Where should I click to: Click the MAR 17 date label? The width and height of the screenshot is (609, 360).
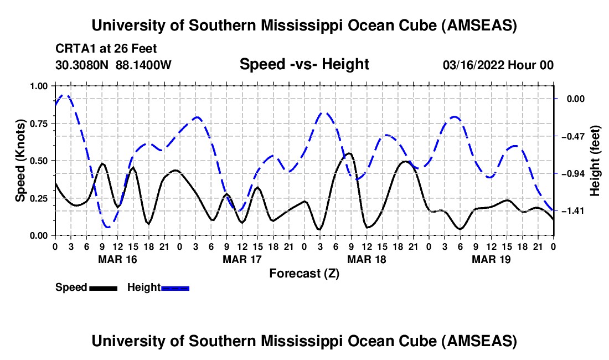[x=241, y=259]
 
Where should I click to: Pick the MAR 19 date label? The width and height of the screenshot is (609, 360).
[x=491, y=259]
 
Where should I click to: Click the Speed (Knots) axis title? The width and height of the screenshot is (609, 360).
[x=20, y=161]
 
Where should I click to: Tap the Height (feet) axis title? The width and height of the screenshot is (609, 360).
[x=595, y=161]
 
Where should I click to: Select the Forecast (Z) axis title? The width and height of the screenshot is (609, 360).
[x=304, y=273]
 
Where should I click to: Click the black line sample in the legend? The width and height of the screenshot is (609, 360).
[x=102, y=288]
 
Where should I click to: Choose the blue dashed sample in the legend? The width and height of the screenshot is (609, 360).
[x=175, y=288]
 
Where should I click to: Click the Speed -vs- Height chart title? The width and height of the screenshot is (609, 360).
[x=304, y=65]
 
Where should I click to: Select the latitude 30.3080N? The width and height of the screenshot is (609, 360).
[x=82, y=65]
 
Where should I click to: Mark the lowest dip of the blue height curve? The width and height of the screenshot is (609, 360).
[x=107, y=227]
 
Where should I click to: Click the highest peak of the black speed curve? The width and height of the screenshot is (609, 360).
[x=349, y=153]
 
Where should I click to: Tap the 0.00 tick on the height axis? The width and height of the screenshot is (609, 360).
[x=577, y=99]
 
